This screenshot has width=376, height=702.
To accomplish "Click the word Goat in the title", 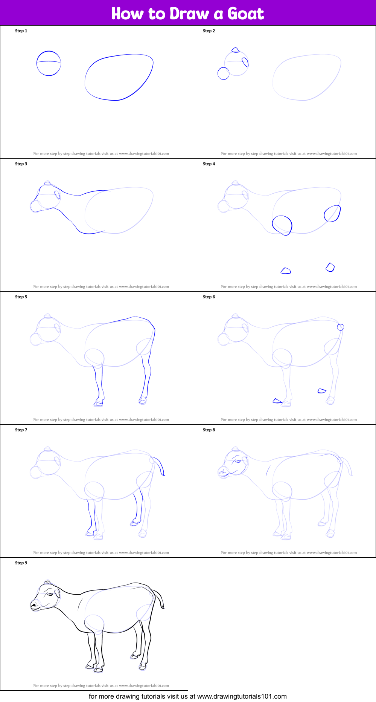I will pos(245,14).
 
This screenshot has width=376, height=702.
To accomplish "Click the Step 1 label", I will pos(21,31).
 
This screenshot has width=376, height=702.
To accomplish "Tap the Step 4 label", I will pos(209,164).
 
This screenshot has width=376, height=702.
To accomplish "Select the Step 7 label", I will pos(21,430).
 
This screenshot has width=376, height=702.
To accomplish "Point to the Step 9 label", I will pos(21,563).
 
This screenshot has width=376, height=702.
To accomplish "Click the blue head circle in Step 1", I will pos(49,63).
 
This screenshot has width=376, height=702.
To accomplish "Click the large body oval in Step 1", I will pos(119,77).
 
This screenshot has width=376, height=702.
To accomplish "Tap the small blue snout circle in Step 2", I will pos(223,73).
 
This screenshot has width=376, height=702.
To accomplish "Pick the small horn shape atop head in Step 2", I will pos(235,50).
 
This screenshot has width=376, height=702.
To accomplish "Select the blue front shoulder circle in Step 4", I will pos(282,225).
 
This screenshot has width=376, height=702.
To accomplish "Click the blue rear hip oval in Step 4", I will pos(332,213).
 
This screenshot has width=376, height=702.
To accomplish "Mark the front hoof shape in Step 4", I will pos(286,271).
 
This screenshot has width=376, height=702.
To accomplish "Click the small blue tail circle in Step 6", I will pos(340,327).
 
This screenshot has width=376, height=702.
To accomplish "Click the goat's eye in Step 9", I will pos(50,595).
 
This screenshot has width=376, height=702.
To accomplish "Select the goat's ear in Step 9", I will pos(57,594).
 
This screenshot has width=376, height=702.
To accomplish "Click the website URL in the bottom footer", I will pos(242,696).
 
